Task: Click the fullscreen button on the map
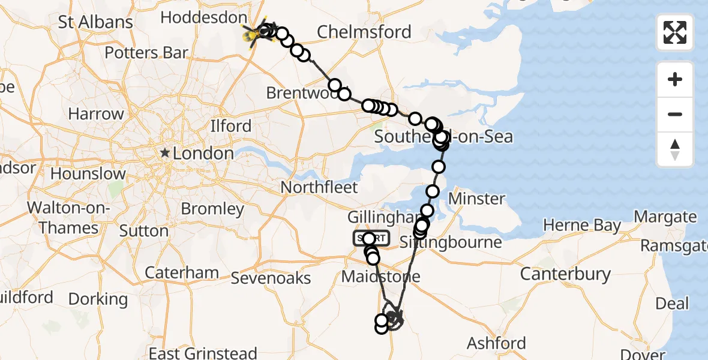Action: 675,32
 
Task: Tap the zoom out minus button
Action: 675,114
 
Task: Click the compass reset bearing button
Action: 675,149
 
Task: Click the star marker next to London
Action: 165,154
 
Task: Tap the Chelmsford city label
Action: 364,32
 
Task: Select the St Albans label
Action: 95,23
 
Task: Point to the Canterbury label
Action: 565,274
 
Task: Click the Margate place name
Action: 665,217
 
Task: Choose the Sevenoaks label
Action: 271,278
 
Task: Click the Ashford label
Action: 496,343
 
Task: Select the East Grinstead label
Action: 203,353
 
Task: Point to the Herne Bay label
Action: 582,226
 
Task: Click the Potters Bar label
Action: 146,53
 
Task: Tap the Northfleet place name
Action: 319,187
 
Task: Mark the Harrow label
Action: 96,113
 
